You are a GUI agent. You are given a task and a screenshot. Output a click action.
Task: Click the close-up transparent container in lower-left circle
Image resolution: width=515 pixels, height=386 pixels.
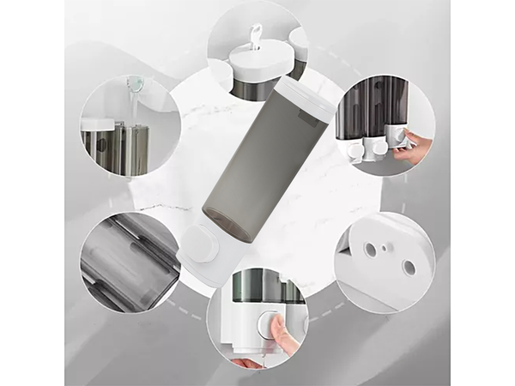pyautogui.click(x=124, y=257)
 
